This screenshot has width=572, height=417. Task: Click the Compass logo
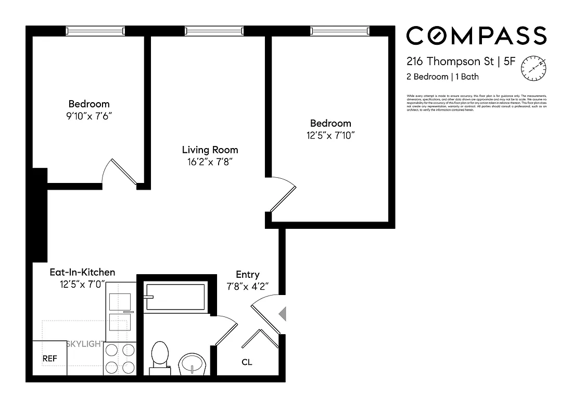tap(476, 36)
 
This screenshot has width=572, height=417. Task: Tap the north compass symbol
tap(535, 68)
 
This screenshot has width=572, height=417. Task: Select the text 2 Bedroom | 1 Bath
tap(442, 77)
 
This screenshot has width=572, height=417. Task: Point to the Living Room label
tap(210, 150)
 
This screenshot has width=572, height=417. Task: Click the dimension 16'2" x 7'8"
tap(210, 162)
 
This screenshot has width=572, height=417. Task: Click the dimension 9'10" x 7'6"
tap(89, 115)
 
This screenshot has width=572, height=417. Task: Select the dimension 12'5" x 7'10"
tap(331, 135)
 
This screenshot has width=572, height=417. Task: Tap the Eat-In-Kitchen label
tap(82, 272)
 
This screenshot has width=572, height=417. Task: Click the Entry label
tap(247, 274)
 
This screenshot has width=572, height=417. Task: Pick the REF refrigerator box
tap(49, 358)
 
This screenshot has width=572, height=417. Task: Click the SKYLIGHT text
tap(85, 344)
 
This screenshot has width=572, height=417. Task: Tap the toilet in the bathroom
tap(159, 357)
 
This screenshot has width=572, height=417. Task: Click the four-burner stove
tap(120, 359)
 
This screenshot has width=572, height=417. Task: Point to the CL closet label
tap(247, 362)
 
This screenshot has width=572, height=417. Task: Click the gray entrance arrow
tap(282, 314)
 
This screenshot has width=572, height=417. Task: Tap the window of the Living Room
tap(214, 31)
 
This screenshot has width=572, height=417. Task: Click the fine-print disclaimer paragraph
tap(476, 103)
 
